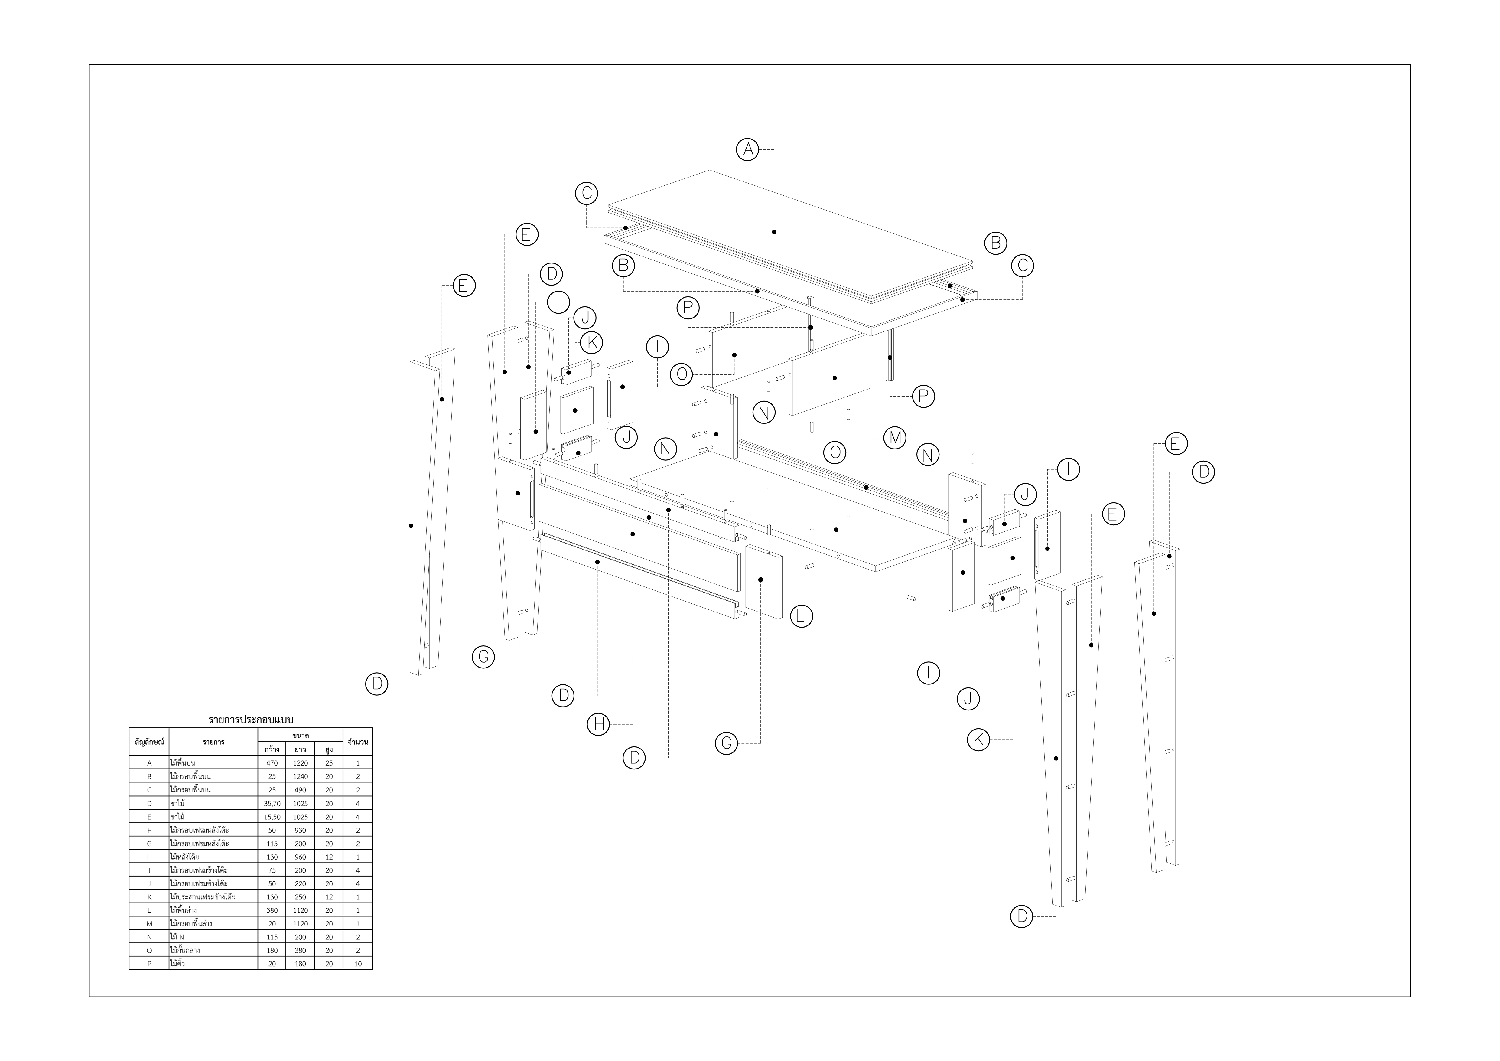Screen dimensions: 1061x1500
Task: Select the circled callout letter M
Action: point(894,438)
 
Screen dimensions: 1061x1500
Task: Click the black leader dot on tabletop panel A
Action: point(774,232)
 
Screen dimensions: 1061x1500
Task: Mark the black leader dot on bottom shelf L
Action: point(836,530)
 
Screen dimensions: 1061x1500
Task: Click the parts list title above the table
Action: point(251,719)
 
